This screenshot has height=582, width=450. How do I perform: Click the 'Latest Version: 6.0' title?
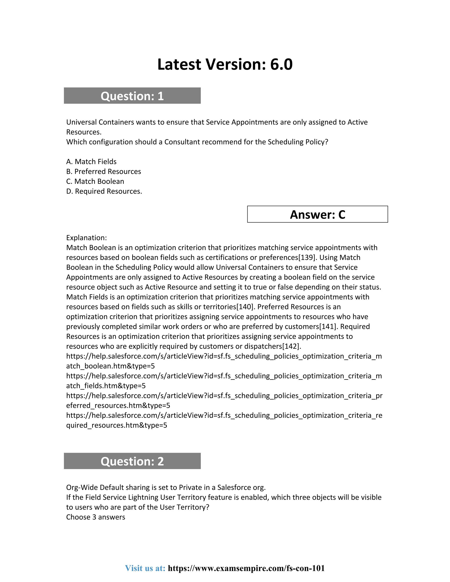pyautogui.click(x=225, y=65)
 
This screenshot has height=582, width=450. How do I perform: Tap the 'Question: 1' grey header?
pyautogui.click(x=132, y=96)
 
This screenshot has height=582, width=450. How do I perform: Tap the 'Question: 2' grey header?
pyautogui.click(x=132, y=461)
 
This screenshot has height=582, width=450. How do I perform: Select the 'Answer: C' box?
pyautogui.click(x=317, y=215)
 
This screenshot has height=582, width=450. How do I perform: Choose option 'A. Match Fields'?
pyautogui.click(x=91, y=162)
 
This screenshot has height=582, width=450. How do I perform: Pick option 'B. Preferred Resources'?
pyautogui.click(x=103, y=172)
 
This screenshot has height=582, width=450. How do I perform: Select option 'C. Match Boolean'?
pyautogui.click(x=95, y=181)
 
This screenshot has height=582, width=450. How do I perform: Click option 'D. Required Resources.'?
pyautogui.click(x=104, y=191)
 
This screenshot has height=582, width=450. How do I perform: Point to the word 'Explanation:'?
pyautogui.click(x=86, y=238)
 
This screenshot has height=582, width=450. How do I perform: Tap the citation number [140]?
pyautogui.click(x=245, y=307)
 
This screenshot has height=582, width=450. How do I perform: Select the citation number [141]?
pyautogui.click(x=328, y=327)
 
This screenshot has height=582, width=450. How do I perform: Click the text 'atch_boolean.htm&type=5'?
pyautogui.click(x=110, y=366)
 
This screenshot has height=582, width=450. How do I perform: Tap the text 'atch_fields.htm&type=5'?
pyautogui.click(x=106, y=386)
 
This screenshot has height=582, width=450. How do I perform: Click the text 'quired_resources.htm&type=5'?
pyautogui.click(x=116, y=425)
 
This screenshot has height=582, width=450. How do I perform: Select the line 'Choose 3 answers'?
pyautogui.click(x=95, y=517)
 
